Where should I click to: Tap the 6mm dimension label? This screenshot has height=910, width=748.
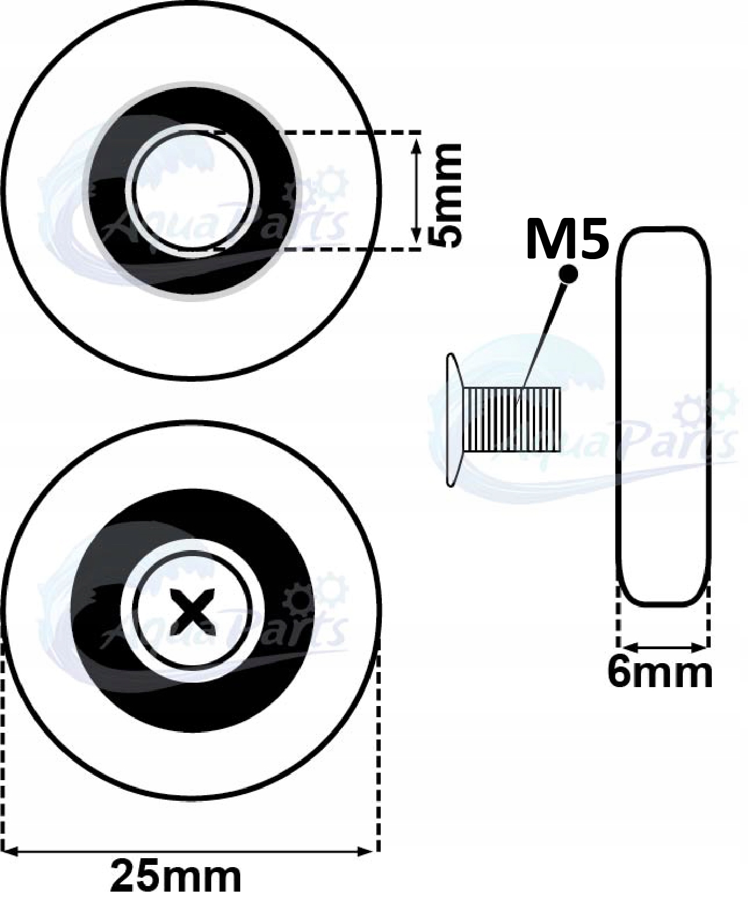[659, 673]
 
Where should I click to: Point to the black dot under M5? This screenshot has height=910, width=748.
[569, 273]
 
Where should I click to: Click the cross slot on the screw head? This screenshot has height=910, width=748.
[192, 611]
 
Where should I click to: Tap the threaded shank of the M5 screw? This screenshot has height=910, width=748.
[513, 419]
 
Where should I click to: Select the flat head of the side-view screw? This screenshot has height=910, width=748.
[452, 419]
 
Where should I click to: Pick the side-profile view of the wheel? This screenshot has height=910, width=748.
[663, 415]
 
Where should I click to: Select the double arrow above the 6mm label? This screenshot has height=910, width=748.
[663, 648]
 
